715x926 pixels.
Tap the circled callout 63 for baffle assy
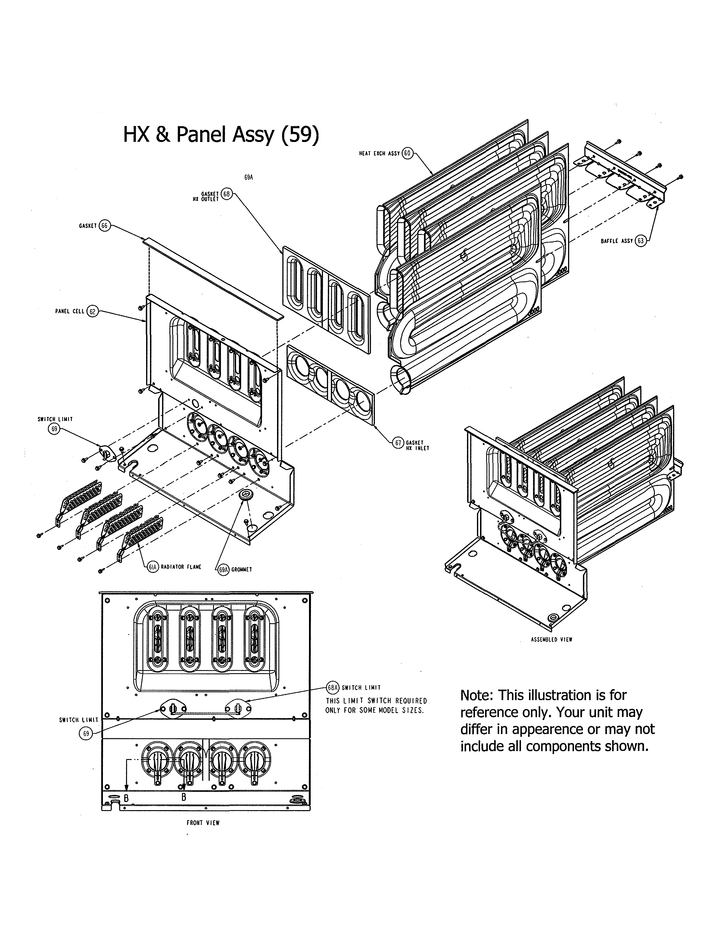tap(640, 241)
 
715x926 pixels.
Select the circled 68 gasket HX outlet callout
tap(227, 194)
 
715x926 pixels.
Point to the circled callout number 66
tap(105, 226)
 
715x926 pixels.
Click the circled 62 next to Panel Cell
tap(92, 312)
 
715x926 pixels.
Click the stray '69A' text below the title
tap(249, 178)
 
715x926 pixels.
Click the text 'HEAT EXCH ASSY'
tap(379, 153)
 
